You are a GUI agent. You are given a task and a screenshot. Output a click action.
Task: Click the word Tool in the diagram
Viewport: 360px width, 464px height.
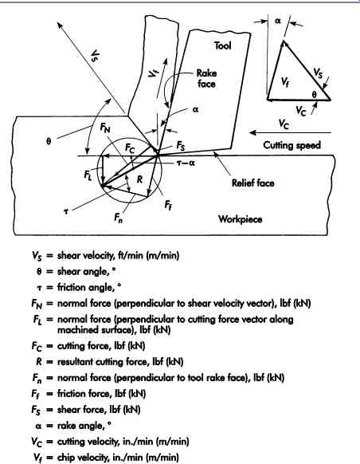222,45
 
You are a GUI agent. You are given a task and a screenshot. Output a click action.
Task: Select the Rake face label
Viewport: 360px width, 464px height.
206,78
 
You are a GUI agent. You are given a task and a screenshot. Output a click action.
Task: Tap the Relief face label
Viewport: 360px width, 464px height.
252,183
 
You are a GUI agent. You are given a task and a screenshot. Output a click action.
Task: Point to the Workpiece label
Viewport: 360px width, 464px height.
240,219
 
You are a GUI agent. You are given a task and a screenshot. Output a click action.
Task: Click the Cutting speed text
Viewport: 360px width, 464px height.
292,145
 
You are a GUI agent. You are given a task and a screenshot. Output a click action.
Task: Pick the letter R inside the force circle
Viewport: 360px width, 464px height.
139,179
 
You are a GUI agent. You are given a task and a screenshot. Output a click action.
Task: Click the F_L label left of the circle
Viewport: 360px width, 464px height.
88,175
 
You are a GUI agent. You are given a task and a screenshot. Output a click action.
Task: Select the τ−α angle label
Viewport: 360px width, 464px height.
186,163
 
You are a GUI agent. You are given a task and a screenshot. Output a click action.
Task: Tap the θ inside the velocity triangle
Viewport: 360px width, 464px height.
314,95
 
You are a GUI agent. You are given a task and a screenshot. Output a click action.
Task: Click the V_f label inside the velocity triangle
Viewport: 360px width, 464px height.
284,81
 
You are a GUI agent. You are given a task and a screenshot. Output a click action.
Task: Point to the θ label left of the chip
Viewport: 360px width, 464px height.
49,141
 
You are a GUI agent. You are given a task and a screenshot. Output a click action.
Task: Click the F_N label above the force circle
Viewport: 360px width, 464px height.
105,128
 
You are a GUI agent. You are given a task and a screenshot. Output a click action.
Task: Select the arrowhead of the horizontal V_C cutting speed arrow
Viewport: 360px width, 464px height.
252,132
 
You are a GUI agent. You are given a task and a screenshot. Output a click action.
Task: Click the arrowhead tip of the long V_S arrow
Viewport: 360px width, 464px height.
58,24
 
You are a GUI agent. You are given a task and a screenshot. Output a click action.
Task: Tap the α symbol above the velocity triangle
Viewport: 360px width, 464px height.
278,21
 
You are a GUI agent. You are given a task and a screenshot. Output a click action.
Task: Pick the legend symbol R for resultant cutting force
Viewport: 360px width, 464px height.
39,362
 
